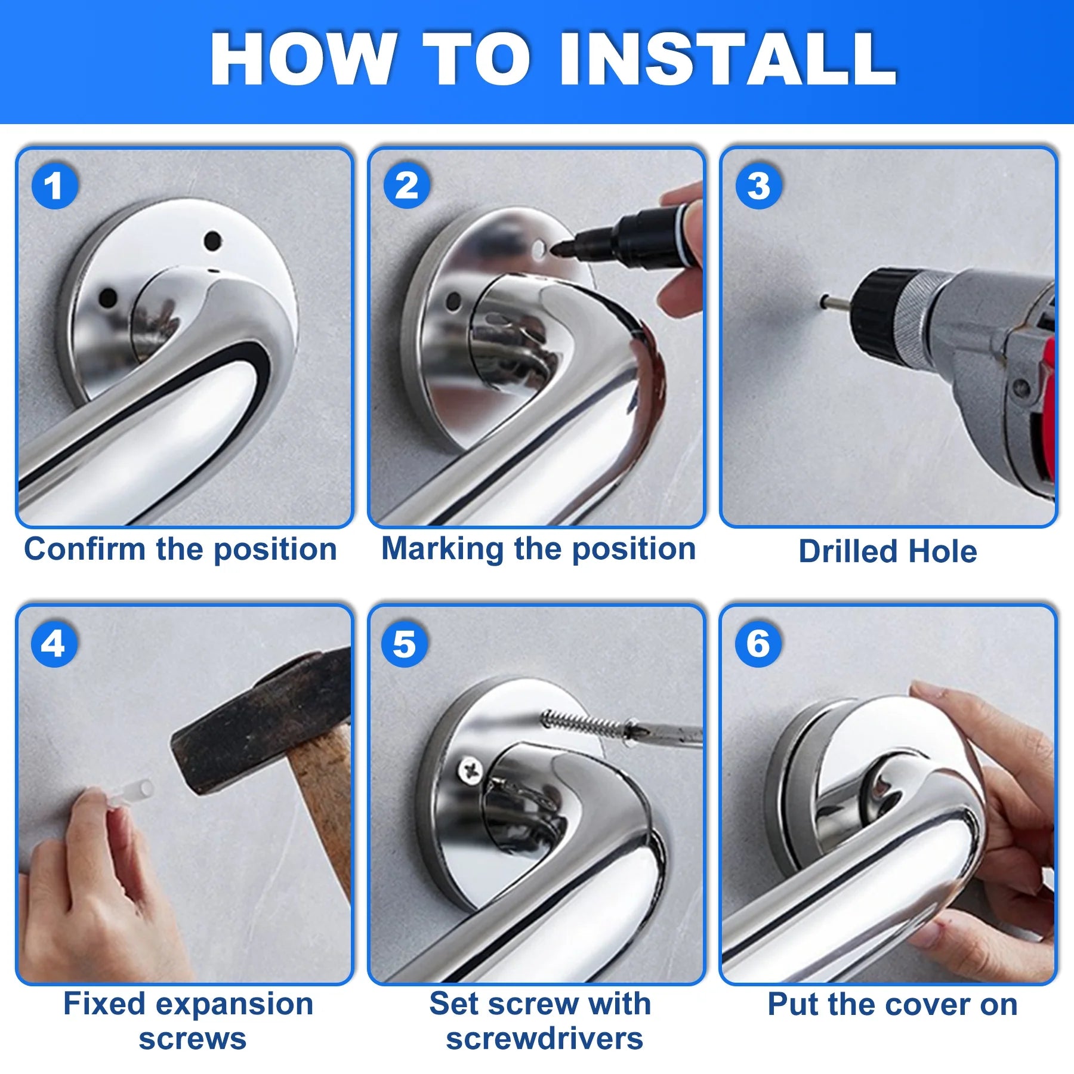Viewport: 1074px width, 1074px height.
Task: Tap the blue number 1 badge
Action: click(54, 186)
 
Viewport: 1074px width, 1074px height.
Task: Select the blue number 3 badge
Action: click(758, 186)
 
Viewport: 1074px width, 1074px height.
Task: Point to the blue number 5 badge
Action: click(405, 644)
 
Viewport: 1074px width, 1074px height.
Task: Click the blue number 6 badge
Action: click(758, 644)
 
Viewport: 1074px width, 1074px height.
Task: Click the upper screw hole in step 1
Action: click(212, 242)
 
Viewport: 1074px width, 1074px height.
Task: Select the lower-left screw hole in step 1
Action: click(108, 297)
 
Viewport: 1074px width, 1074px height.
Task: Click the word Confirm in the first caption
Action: click(85, 549)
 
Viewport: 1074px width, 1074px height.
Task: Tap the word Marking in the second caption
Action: click(442, 549)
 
